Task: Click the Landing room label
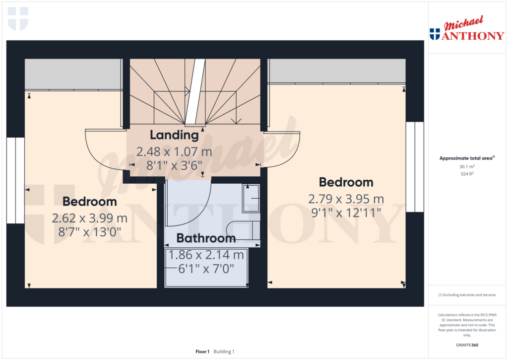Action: point(174,135)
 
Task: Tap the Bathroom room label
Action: point(206,238)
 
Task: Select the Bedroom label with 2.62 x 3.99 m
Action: point(90,202)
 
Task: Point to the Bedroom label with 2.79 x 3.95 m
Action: point(346,182)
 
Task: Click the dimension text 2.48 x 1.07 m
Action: point(174,152)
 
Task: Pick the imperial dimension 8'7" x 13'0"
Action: point(90,232)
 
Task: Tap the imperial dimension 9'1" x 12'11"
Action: point(346,213)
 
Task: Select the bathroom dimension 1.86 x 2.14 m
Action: point(206,255)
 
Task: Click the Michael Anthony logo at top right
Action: point(467,28)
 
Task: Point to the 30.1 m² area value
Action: point(467,167)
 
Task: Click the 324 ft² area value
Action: point(467,174)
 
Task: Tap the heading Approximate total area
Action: point(467,158)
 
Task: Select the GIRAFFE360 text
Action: point(467,345)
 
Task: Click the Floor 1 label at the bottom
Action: point(202,352)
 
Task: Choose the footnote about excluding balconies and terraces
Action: point(467,295)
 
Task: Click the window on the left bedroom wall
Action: point(15,181)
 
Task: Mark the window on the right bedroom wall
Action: point(415,167)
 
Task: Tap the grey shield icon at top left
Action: point(18,19)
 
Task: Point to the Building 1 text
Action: point(224,352)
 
